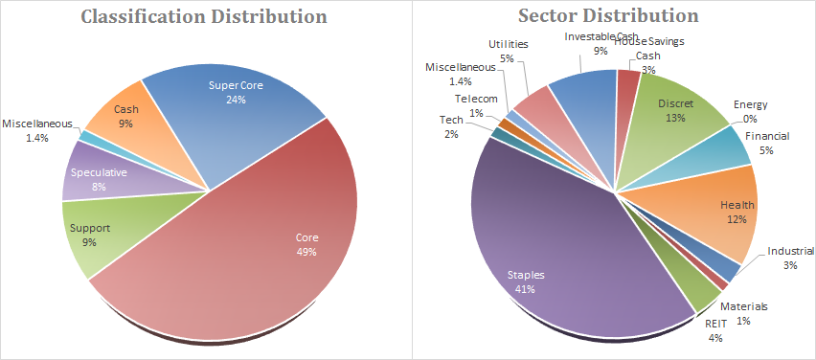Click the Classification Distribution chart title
pos(205,16)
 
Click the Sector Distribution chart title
pos(608,15)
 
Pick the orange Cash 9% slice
pos(130,130)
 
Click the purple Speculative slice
pos(99,177)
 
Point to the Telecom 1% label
pos(476,105)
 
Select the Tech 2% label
pos(451,127)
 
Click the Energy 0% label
pos(750,111)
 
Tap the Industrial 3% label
pos(790,259)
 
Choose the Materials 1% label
pos(743,314)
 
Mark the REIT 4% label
pos(715,329)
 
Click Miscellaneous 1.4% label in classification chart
pos(37,130)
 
